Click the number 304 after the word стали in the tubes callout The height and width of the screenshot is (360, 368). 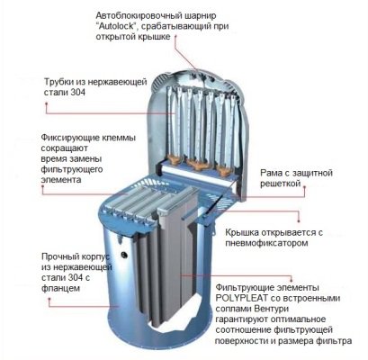pyautogui.click(x=78, y=93)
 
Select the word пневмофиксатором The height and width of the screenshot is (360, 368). pyautogui.click(x=266, y=243)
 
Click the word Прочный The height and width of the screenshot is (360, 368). pyautogui.click(x=58, y=256)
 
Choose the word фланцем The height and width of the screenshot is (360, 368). pyautogui.click(x=60, y=289)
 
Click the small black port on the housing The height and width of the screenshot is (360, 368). pyautogui.click(x=124, y=255)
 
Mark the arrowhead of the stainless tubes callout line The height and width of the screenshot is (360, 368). pyautogui.click(x=47, y=103)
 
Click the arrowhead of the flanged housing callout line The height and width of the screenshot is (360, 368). pyautogui.click(x=49, y=300)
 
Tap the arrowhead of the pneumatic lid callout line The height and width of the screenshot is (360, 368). pyautogui.click(x=299, y=221)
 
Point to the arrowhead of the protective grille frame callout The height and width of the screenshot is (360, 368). pyautogui.click(x=305, y=186)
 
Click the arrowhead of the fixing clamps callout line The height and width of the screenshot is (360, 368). pyautogui.click(x=43, y=186)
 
